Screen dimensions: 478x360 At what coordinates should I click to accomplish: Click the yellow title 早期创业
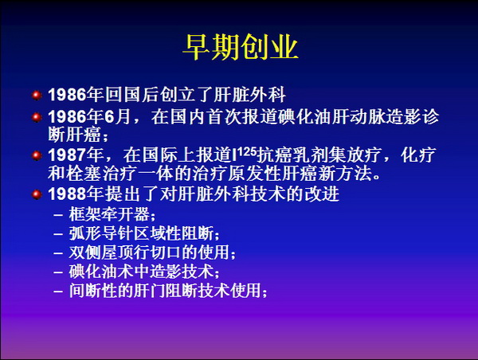[241, 47]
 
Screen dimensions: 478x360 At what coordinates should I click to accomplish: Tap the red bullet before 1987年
[37, 155]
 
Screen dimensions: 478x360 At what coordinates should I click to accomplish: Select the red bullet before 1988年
[37, 194]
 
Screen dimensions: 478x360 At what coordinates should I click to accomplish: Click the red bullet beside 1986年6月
[37, 117]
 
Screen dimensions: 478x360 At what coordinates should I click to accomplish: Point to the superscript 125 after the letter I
[246, 151]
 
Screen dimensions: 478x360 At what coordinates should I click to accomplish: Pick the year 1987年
[76, 155]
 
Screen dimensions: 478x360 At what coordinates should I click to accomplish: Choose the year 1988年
[76, 194]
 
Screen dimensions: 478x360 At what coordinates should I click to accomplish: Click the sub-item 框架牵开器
[109, 214]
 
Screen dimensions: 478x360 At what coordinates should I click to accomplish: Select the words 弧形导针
[101, 233]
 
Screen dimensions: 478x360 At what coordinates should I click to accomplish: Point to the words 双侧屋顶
[101, 252]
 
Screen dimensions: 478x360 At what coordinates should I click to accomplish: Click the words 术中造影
[141, 272]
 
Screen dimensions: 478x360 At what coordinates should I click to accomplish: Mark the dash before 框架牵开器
[58, 214]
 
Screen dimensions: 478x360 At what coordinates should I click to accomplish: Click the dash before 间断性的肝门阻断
[58, 291]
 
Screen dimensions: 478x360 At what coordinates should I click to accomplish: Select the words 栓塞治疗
[102, 174]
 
